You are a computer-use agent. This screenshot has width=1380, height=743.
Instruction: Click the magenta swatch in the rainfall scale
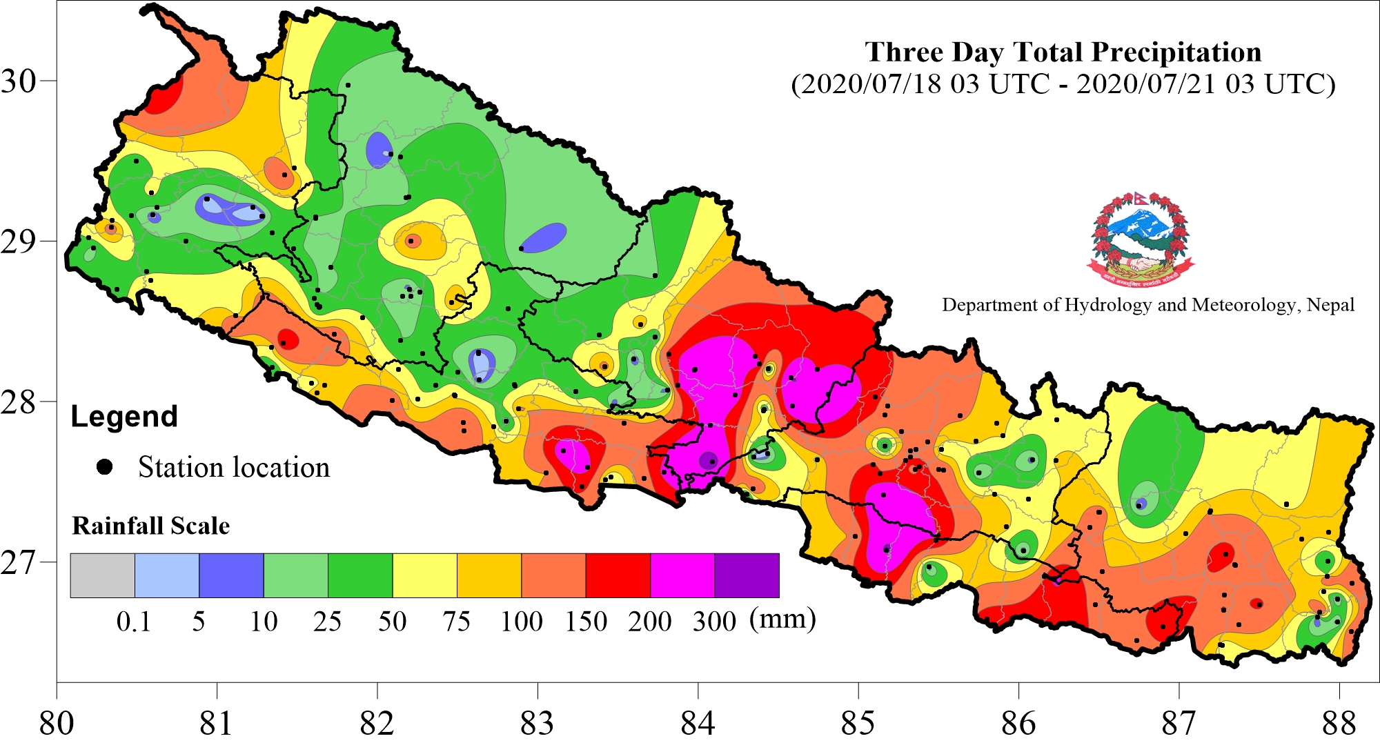coord(682,575)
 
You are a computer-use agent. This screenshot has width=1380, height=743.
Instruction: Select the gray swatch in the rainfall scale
coord(102,575)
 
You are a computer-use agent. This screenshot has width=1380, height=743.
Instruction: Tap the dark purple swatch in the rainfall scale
coord(747,575)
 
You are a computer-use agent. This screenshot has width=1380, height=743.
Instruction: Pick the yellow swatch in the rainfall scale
coord(424,575)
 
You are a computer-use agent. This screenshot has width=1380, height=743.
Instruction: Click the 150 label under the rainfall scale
coord(586,622)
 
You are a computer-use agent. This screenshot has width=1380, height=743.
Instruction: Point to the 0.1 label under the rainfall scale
coord(133,622)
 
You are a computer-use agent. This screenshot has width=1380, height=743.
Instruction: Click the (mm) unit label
coord(782,619)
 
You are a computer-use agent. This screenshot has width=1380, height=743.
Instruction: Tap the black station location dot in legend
coord(105,467)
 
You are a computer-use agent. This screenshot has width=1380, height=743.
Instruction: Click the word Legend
coord(124,417)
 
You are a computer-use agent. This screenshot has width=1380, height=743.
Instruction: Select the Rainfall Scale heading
coord(150,526)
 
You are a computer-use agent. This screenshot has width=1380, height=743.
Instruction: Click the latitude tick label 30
coord(18,81)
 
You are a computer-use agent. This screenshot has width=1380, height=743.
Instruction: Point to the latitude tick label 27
coord(18,562)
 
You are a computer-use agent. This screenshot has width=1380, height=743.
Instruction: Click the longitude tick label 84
coord(698,723)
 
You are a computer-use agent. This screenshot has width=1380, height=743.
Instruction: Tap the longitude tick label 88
coord(1339,723)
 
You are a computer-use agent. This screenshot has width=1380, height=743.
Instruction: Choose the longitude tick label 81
coord(217,723)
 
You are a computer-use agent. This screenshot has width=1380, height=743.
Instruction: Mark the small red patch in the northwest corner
coord(164,98)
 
